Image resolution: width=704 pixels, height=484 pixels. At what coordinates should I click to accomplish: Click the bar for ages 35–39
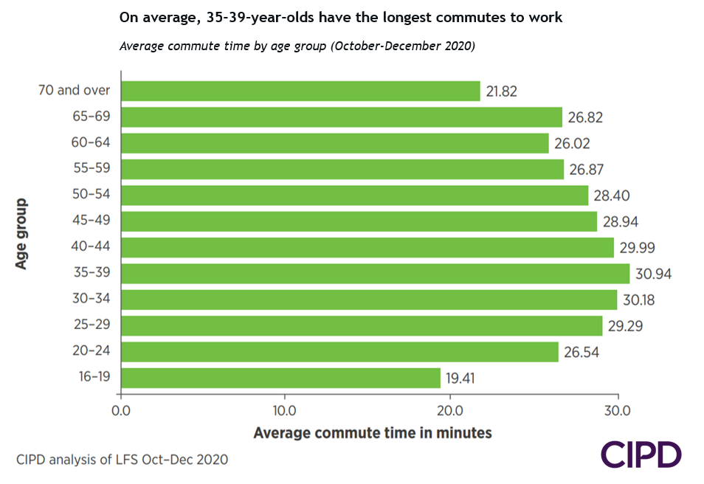point(375,273)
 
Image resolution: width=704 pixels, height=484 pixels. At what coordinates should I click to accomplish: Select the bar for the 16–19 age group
point(280,378)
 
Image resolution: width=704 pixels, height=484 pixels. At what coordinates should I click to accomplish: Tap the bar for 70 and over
point(300,91)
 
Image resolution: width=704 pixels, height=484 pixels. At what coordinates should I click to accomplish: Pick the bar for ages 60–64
point(334,143)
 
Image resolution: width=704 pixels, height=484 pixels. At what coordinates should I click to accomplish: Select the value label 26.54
point(582,352)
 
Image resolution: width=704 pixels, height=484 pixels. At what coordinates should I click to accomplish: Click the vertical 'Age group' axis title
point(22,233)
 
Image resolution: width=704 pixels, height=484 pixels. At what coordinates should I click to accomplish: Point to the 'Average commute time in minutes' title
point(373,433)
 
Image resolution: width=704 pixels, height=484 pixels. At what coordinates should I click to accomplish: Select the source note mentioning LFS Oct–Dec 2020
point(122,460)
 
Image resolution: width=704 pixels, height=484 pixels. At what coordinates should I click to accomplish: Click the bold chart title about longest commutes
point(341,18)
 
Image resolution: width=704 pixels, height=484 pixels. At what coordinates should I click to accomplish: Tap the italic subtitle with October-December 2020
point(297,46)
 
